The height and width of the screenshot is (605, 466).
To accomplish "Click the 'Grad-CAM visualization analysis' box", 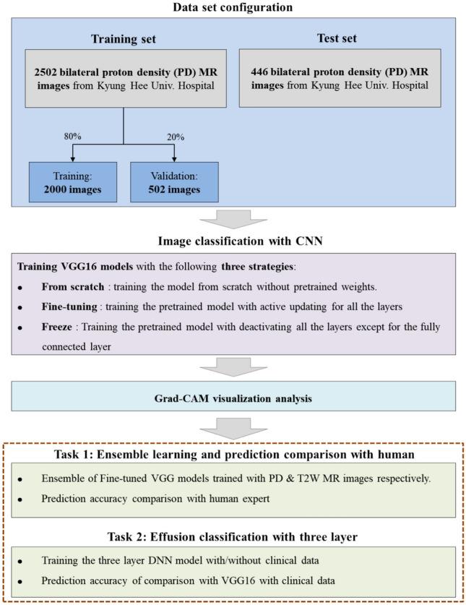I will pyautogui.click(x=233, y=397).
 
